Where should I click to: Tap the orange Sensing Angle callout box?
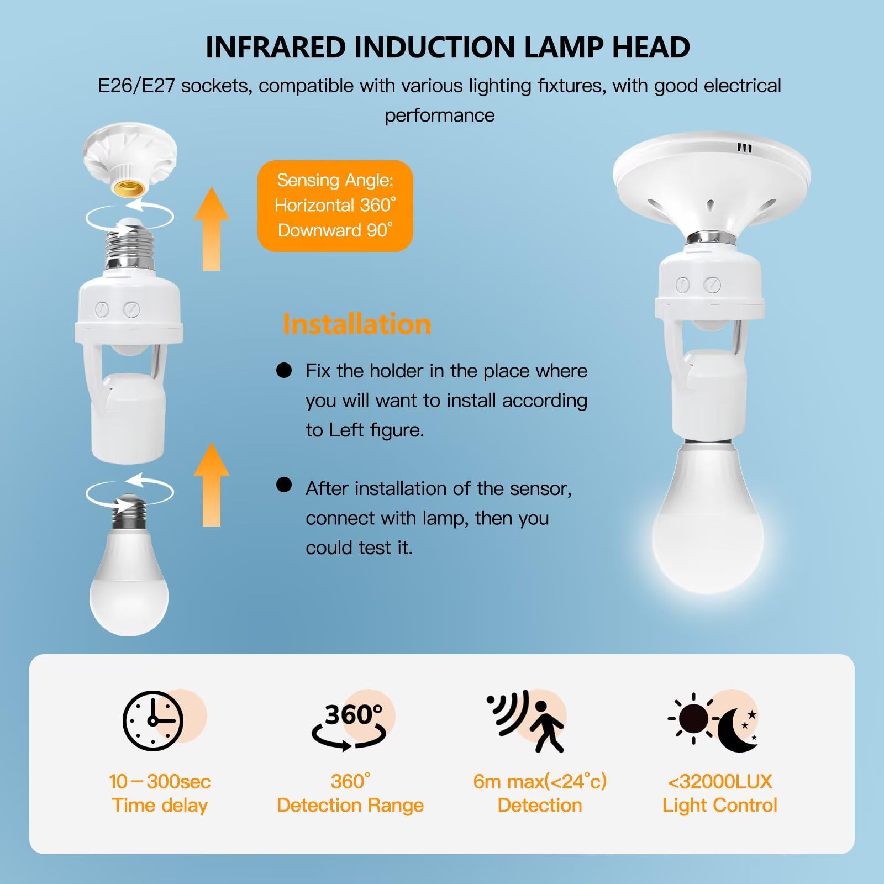pyautogui.click(x=335, y=206)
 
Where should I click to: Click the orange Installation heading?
pyautogui.click(x=356, y=324)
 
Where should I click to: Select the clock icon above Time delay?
pyautogui.click(x=153, y=720)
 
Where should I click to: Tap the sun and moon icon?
pyautogui.click(x=713, y=722)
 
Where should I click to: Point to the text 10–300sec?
pyautogui.click(x=160, y=782)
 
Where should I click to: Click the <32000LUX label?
pyautogui.click(x=720, y=782)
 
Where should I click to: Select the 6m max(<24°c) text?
pyautogui.click(x=540, y=782)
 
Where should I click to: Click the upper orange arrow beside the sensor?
pyautogui.click(x=212, y=229)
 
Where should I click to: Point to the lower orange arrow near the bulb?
pyautogui.click(x=212, y=485)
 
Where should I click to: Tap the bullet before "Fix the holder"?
pyautogui.click(x=284, y=370)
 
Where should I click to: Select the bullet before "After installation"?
pyautogui.click(x=284, y=485)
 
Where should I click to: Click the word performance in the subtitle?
pyautogui.click(x=440, y=116)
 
